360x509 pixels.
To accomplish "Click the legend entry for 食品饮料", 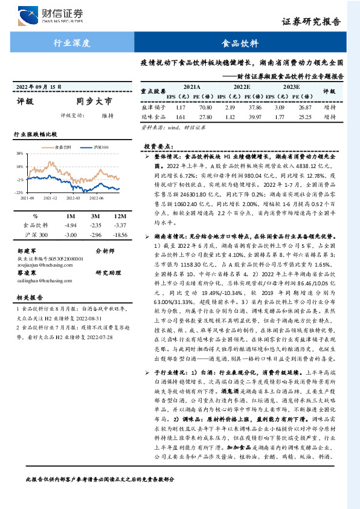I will click(x=62, y=147).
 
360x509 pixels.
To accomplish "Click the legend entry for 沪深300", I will click(x=99, y=147).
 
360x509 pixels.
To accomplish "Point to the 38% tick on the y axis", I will click(x=20, y=154).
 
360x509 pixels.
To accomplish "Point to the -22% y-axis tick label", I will click(x=19, y=192).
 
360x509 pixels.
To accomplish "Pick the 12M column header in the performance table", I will click(x=120, y=216).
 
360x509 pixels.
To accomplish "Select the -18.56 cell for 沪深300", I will click(x=120, y=234).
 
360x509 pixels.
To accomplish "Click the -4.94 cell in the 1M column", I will click(x=71, y=225).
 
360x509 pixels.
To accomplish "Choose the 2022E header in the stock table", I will click(x=242, y=87).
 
